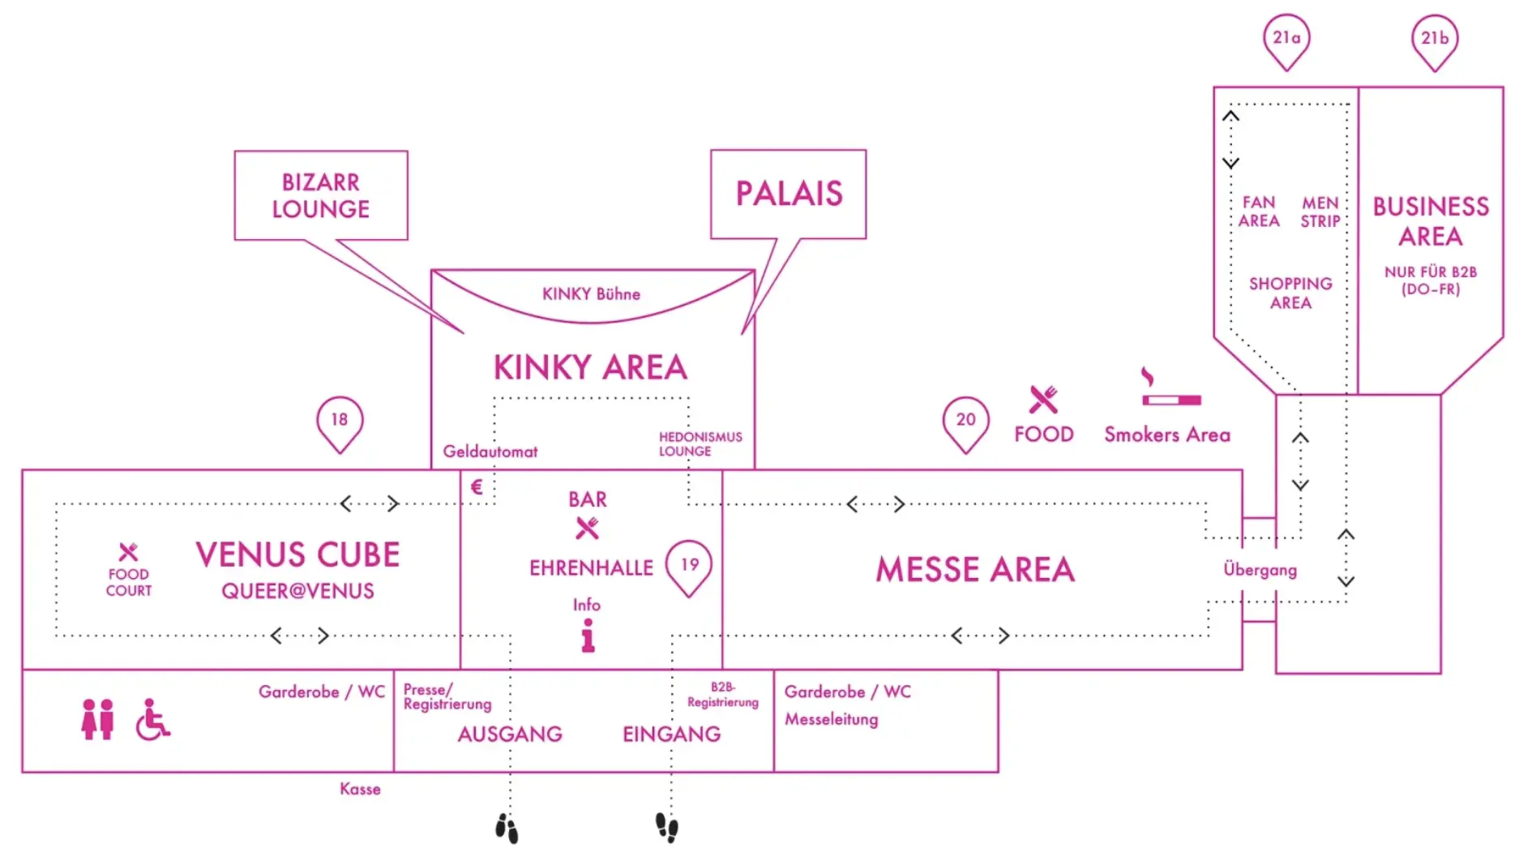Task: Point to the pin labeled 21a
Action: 1286,40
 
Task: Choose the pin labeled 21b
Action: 1434,40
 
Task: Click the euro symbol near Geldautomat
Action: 477,486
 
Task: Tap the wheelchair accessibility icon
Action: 152,720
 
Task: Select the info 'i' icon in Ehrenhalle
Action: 588,636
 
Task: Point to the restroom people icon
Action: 97,719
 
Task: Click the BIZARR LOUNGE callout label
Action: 321,195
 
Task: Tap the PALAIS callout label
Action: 789,194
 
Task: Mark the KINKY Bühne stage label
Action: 591,294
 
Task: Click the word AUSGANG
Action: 510,734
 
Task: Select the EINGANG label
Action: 671,734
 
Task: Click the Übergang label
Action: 1260,570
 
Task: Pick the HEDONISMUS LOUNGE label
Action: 700,443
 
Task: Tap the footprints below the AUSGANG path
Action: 507,829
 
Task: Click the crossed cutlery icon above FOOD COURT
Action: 128,552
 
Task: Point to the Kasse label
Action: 360,789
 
